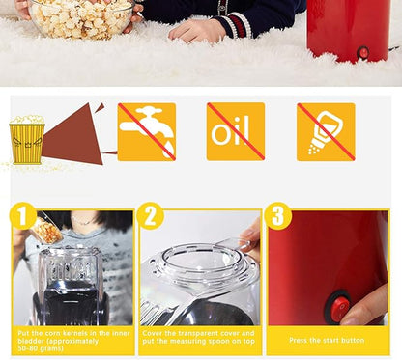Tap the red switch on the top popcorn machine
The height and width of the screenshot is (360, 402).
[x=363, y=52]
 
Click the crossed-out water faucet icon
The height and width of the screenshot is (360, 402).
[x=147, y=132]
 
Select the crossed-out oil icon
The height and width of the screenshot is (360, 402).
[x=236, y=131]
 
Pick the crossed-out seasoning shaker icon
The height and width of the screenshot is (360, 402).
[x=326, y=132]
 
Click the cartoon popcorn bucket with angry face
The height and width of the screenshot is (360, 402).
[x=27, y=140]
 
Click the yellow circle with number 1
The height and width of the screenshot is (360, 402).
[x=23, y=215]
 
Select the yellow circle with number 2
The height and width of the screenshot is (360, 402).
[x=151, y=215]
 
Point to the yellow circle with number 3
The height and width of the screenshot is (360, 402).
[x=277, y=215]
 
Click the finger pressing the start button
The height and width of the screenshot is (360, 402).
[x=364, y=307]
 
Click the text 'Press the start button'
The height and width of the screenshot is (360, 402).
[x=327, y=340]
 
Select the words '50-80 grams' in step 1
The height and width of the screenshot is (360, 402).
[x=41, y=348]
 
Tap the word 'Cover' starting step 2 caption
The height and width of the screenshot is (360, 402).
[x=153, y=333]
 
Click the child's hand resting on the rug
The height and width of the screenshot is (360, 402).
[x=196, y=31]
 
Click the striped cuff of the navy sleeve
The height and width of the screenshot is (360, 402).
[x=239, y=25]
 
